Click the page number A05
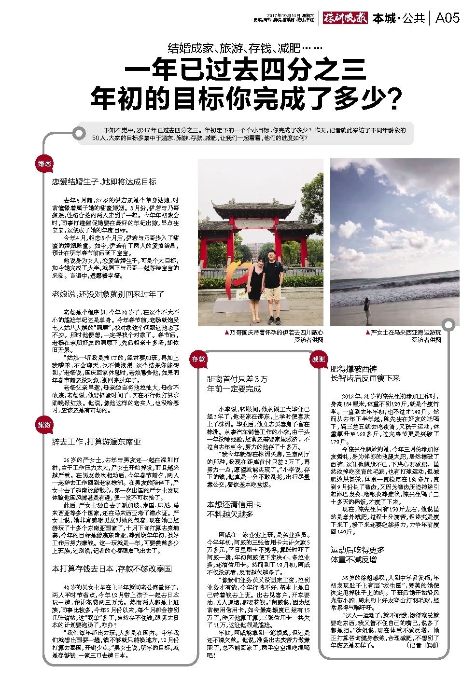[x=447, y=18]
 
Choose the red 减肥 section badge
[x=318, y=359]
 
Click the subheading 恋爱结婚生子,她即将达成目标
[x=104, y=182]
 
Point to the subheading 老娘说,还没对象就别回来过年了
[x=108, y=293]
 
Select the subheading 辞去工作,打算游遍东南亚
[x=97, y=442]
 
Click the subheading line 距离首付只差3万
[x=237, y=378]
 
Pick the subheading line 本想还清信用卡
[x=234, y=504]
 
